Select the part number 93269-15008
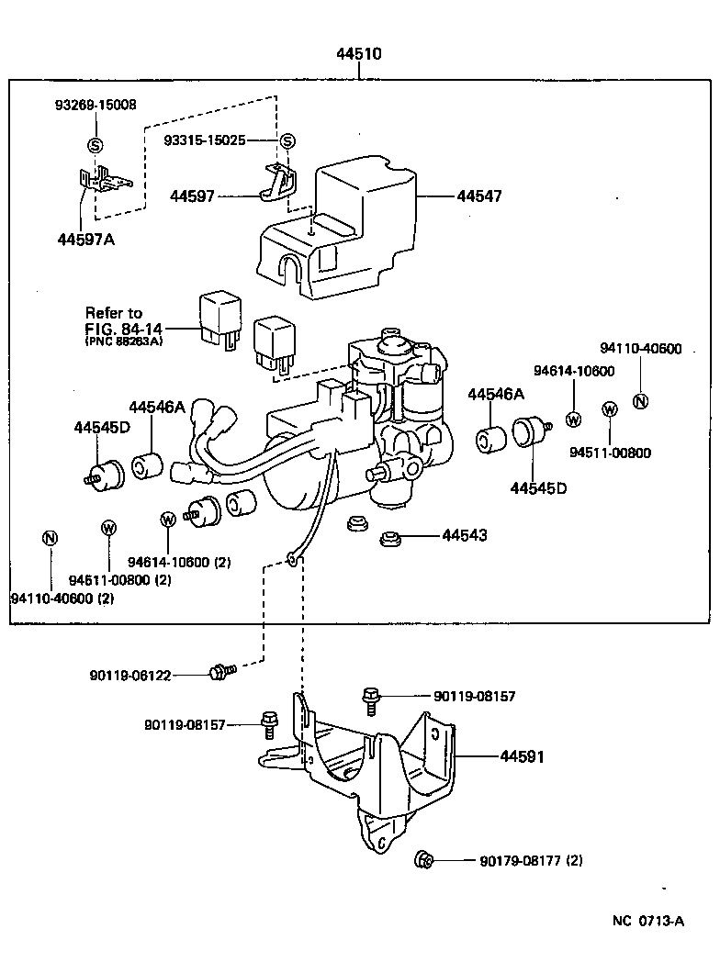coord(94,105)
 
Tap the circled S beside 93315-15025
coord(287,140)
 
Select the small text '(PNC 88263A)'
coord(124,341)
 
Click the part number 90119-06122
coord(129,675)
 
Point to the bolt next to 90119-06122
coord(219,672)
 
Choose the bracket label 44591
coord(523,756)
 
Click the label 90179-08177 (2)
coord(530,861)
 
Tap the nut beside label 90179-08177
coord(424,860)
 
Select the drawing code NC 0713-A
coord(648,921)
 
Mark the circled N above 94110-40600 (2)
coord(50,538)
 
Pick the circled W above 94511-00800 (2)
coord(108,528)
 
